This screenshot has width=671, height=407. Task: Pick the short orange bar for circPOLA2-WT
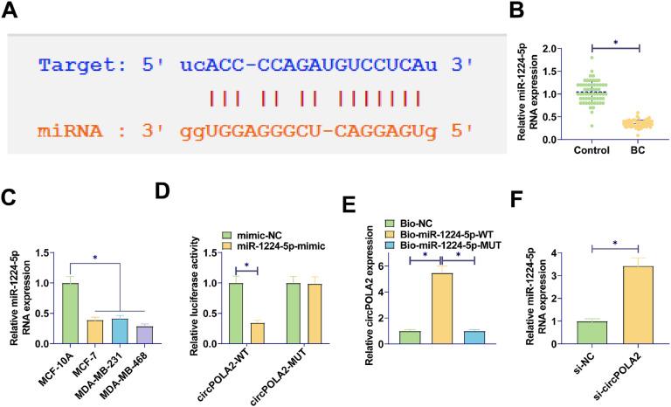(x=256, y=336)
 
